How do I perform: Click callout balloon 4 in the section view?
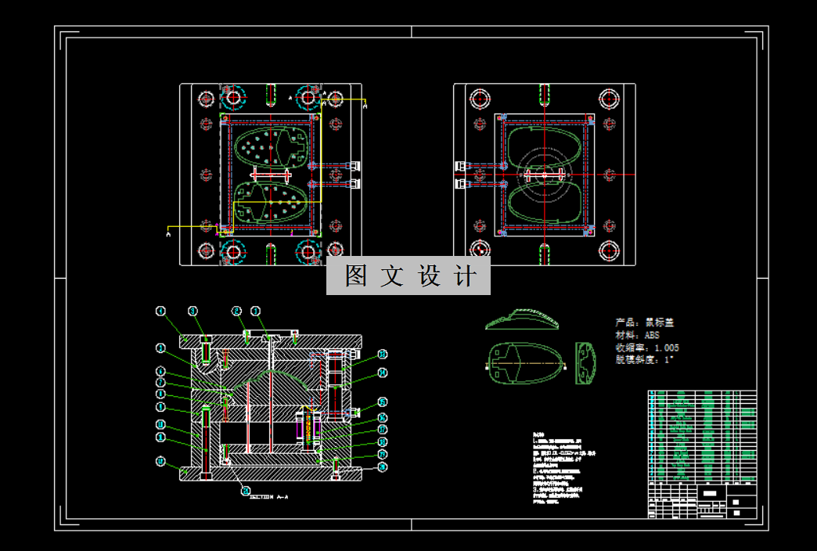point(162,311)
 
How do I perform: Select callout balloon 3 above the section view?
point(193,311)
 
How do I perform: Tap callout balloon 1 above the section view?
point(256,311)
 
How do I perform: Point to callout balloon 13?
point(383,354)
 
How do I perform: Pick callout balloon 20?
point(383,467)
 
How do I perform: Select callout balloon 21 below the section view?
point(245,492)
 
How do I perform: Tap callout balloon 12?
point(161,462)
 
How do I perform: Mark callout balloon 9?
point(161,407)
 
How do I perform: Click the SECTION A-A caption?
point(269,497)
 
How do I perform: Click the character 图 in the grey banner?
point(356,276)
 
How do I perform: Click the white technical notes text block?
point(558,469)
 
